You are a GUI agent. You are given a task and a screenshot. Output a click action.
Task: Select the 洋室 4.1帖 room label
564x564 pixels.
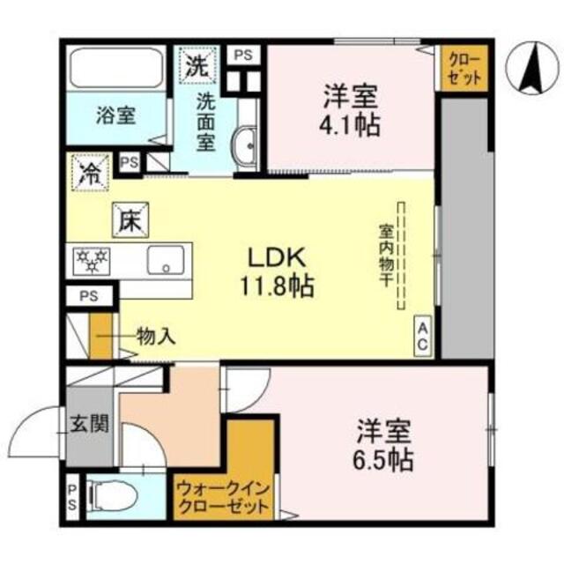[x=351, y=108]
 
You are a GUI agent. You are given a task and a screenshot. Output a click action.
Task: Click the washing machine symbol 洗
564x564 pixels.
[x=195, y=63]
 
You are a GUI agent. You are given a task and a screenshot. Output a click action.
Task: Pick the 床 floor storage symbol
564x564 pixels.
[x=125, y=219]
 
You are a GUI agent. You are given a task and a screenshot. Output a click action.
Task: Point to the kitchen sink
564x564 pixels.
[x=163, y=261]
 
